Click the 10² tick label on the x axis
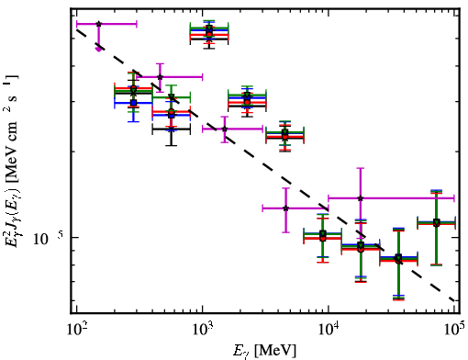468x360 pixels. (x=76, y=330)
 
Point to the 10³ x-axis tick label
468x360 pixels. (x=203, y=330)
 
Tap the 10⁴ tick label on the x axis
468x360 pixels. (x=329, y=330)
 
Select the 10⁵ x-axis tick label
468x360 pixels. (x=455, y=330)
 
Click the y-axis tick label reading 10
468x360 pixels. (x=40, y=240)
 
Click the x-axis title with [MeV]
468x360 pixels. (x=264, y=351)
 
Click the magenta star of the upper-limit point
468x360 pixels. (x=98, y=24)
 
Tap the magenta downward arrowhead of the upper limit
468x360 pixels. (x=98, y=49)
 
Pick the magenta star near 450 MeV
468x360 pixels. (x=160, y=77)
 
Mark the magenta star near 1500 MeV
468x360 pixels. (x=225, y=129)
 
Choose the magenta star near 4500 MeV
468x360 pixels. (x=286, y=208)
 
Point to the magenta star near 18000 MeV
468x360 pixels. (x=361, y=198)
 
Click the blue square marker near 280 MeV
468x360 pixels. (x=133, y=103)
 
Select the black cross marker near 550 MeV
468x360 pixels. (x=172, y=129)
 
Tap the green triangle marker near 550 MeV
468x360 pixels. (x=172, y=97)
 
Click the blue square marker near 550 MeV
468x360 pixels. (x=172, y=115)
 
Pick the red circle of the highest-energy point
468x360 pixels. (x=437, y=224)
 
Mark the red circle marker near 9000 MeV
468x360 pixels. (x=323, y=238)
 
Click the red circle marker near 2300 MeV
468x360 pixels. (x=247, y=102)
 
